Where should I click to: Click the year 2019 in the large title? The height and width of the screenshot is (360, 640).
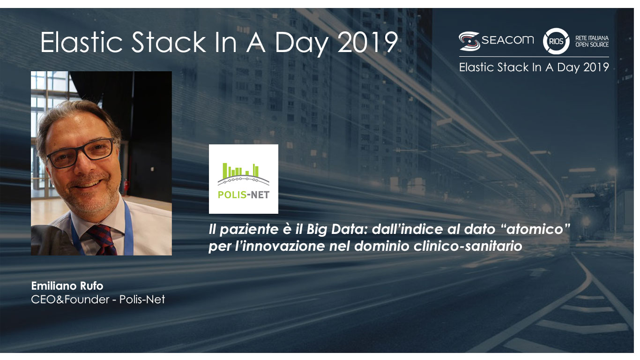pos(368,42)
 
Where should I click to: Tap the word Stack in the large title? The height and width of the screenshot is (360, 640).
pos(169,42)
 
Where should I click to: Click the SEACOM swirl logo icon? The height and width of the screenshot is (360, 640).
pos(469,41)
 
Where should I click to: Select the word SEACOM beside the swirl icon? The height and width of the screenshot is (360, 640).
pos(507,40)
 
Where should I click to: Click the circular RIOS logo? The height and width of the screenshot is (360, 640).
pos(556,41)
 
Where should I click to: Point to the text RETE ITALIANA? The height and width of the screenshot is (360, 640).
pos(592,38)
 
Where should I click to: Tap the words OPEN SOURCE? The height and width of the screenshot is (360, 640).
pos(592,45)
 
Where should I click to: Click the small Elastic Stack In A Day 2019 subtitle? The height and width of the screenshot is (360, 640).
pos(534,67)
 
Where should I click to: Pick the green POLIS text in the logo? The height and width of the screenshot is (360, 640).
pos(232,195)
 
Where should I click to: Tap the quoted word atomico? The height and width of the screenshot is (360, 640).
pos(536,229)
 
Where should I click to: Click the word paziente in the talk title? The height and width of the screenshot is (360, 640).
pos(249,230)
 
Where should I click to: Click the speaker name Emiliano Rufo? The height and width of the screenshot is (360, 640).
pos(67,285)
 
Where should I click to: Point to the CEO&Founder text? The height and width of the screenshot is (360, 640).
pos(70,300)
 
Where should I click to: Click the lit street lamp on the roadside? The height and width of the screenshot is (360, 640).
pos(612,172)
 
